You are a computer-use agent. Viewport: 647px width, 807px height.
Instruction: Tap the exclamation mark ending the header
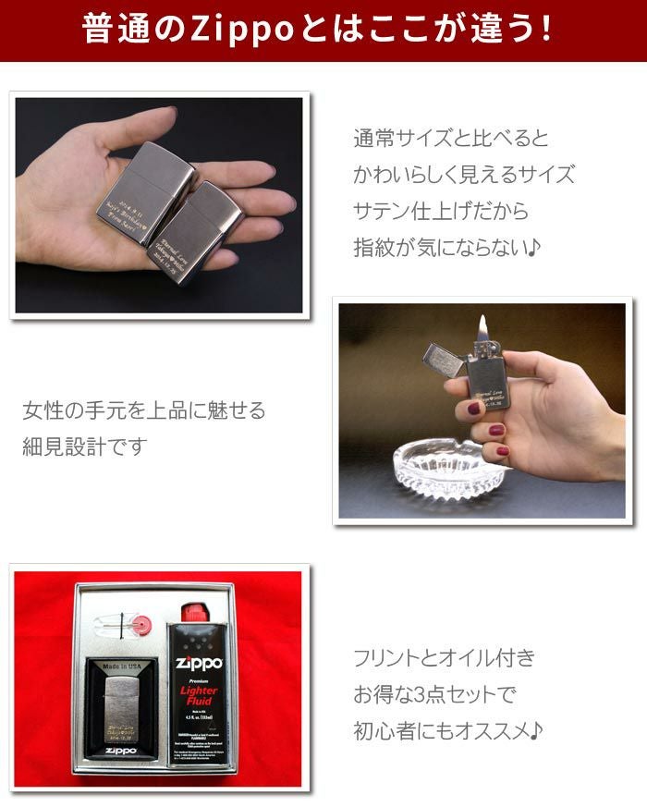[x=546, y=30]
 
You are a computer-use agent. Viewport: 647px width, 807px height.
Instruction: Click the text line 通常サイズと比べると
[x=451, y=140]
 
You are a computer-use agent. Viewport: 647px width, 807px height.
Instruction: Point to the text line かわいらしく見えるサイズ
[x=463, y=175]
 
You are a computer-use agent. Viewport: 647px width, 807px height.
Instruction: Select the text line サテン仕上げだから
[x=441, y=211]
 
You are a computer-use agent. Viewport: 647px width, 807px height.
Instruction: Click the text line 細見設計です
[x=84, y=447]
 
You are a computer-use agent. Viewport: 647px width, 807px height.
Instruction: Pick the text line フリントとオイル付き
[x=444, y=659]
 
